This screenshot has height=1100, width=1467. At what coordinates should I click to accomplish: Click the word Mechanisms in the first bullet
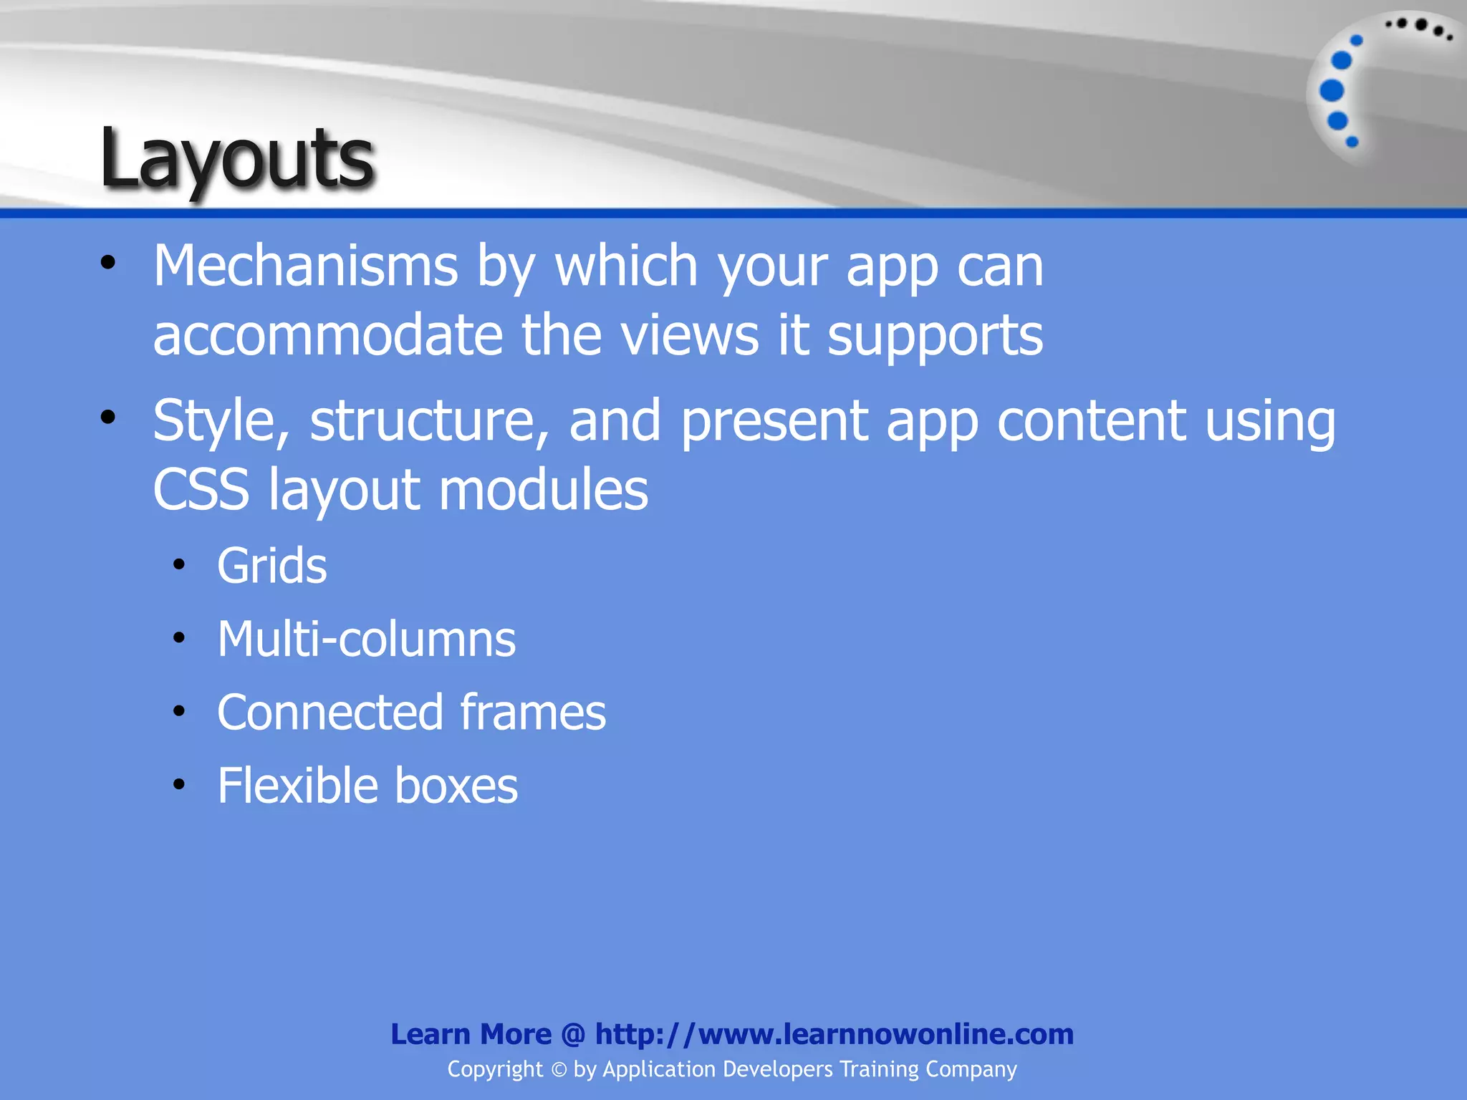click(x=306, y=266)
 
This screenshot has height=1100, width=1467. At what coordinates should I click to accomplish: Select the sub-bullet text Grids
click(x=272, y=566)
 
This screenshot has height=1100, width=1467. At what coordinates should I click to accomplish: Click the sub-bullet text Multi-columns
click(x=367, y=639)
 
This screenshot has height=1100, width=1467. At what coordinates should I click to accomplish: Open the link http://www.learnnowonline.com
click(x=834, y=1034)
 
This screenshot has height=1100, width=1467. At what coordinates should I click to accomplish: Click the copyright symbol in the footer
click(x=559, y=1070)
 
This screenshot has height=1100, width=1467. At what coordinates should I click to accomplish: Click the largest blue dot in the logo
click(x=1332, y=91)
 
